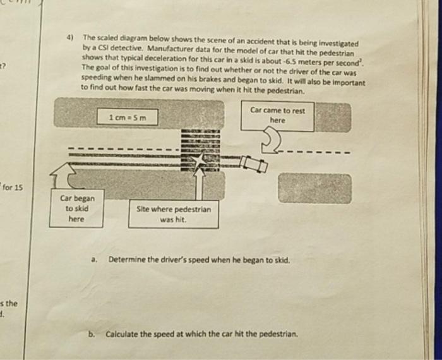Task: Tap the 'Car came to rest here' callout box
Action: [x=278, y=115]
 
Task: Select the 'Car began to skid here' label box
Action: [x=75, y=208]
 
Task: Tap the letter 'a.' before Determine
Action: [x=95, y=259]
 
